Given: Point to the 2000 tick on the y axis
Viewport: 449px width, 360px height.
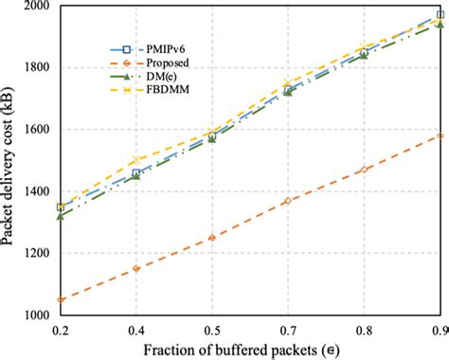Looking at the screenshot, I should pos(35,7).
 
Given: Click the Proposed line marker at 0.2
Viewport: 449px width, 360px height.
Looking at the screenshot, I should pos(61,299).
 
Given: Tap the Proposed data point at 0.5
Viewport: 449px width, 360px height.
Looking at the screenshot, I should pos(212,238).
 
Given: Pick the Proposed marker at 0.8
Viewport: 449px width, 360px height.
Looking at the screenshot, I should pos(363,170).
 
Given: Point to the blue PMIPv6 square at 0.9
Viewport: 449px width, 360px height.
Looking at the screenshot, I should pos(439,15).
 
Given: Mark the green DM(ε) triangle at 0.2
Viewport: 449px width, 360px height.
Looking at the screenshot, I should pos(61,216).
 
